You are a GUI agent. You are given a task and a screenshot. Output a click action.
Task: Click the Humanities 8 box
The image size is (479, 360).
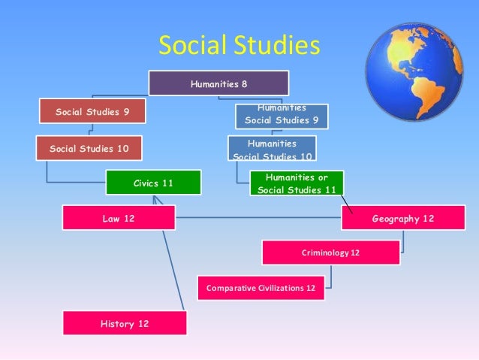pyautogui.click(x=218, y=83)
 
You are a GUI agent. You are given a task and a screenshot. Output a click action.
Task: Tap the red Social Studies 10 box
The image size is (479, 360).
pyautogui.click(x=89, y=148)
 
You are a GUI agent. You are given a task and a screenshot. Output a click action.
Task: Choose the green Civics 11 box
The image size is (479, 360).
pyautogui.click(x=153, y=183)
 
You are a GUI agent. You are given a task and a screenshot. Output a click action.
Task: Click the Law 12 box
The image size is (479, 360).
pyautogui.click(x=119, y=218)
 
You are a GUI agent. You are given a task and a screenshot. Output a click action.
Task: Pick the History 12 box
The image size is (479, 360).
pyautogui.click(x=124, y=324)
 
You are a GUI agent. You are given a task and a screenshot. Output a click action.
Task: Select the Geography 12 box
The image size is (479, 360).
pyautogui.click(x=402, y=218)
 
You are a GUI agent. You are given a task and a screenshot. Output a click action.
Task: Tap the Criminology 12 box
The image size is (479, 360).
pyautogui.click(x=330, y=253)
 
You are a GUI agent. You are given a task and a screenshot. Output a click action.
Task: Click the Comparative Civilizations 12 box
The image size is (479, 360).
pyautogui.click(x=261, y=288)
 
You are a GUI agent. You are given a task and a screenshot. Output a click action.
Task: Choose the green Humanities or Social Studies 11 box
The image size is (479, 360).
pyautogui.click(x=297, y=183)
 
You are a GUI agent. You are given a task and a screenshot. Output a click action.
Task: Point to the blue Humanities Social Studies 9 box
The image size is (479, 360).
pyautogui.click(x=282, y=115)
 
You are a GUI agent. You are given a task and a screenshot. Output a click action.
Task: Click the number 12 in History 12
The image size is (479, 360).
pyautogui.click(x=142, y=324)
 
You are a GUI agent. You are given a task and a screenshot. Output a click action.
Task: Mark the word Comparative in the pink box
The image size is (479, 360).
pyautogui.click(x=233, y=288)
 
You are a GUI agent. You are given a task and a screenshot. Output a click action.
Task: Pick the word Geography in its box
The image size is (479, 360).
pyautogui.click(x=395, y=218)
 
